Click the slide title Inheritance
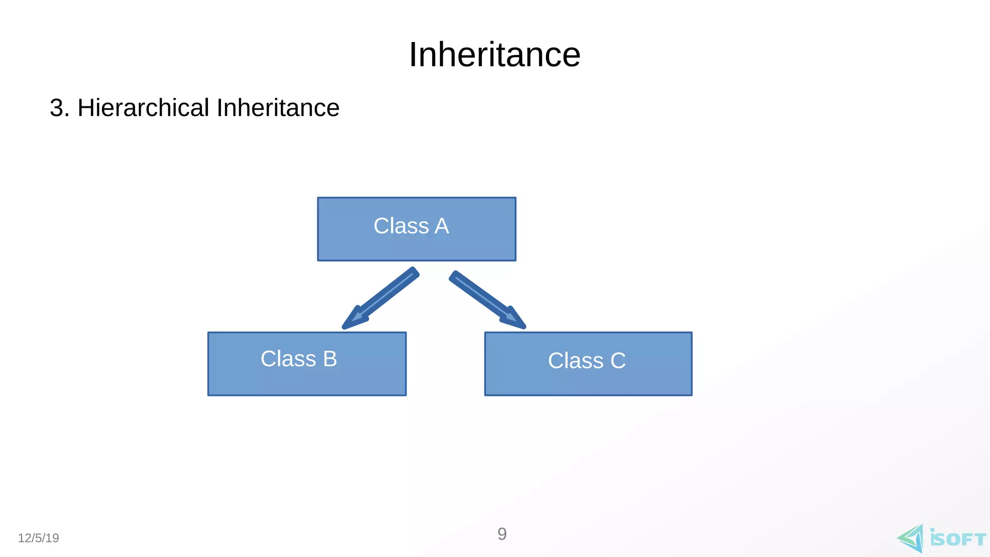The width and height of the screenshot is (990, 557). click(495, 55)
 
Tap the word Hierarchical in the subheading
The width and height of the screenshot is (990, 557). click(143, 108)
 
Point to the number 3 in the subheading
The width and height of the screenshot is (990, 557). click(57, 108)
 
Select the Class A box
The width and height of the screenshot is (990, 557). click(416, 229)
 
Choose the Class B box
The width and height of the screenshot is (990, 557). click(307, 364)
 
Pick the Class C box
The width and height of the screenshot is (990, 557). click(588, 364)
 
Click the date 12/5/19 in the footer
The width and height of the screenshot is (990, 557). click(38, 538)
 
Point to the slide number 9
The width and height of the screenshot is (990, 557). click(502, 534)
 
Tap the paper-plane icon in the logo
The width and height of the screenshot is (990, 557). click(911, 538)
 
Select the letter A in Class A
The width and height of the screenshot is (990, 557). click(441, 226)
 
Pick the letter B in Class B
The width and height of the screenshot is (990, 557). click(330, 359)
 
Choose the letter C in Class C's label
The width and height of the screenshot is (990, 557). click(618, 361)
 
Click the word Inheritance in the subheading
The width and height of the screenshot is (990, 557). click(278, 108)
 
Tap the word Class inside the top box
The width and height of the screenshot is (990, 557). click(401, 226)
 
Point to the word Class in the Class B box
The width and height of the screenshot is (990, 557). click(288, 359)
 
